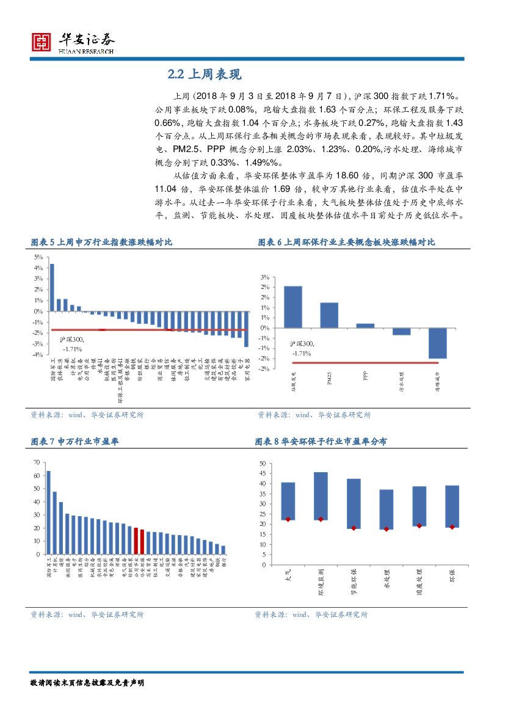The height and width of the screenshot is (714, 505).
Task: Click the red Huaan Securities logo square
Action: [x=42, y=42]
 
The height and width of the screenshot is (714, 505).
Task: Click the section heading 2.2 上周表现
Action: [x=205, y=75]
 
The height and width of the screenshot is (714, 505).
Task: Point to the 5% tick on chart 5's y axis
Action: [x=38, y=257]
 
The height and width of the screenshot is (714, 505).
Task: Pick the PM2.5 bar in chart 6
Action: [x=329, y=315]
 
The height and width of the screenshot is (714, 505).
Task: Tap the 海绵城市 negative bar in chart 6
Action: [x=437, y=343]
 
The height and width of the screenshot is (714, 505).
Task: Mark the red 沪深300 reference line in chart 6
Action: [x=366, y=363]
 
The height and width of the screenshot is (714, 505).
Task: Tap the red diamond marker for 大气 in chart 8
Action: [x=288, y=519]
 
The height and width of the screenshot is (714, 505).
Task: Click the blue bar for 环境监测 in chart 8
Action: [x=321, y=496]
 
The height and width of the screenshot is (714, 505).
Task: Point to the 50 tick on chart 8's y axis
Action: [x=262, y=464]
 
